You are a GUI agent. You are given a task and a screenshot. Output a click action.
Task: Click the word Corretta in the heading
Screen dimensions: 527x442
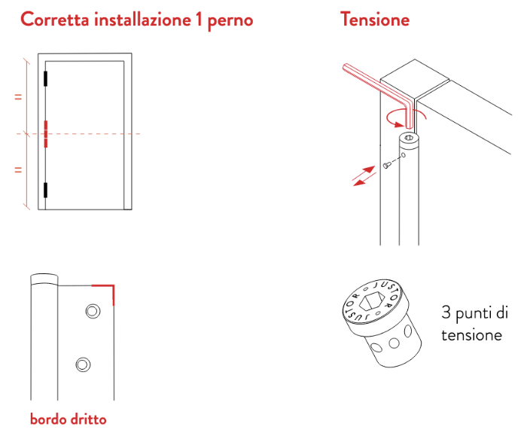point(55,19)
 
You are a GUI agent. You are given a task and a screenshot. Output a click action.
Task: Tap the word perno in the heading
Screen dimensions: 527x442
point(230,21)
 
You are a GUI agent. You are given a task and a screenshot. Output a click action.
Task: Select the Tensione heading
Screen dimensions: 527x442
point(375,19)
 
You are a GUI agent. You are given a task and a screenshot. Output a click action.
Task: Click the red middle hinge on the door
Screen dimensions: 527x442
point(46,134)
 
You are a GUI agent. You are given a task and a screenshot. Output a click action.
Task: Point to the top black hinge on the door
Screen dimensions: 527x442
point(45,78)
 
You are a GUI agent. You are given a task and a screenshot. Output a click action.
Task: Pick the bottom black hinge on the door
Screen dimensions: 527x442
point(45,191)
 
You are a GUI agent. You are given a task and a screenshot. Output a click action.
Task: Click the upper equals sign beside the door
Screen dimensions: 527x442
point(18,97)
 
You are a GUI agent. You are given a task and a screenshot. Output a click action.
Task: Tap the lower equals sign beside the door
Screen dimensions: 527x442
point(18,169)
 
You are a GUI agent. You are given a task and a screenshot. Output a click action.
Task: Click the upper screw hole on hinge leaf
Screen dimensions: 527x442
point(93,311)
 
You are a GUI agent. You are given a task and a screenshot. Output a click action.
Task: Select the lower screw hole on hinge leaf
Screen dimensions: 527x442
point(83,364)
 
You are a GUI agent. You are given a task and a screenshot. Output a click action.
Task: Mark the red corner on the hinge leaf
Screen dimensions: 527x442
point(113,286)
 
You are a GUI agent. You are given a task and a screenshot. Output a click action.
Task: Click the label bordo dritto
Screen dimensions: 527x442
point(69,419)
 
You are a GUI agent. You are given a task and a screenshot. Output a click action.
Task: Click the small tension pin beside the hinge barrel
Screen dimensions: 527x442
point(386,165)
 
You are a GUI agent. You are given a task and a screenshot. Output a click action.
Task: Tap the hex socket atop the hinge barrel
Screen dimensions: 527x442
point(409,138)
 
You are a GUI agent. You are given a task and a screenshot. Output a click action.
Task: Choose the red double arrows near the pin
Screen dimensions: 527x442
point(364,175)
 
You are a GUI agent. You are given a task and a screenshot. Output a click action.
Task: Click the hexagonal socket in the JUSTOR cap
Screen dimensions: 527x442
point(371,300)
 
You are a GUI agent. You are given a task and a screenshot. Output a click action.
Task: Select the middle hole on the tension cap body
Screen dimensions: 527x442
point(394,343)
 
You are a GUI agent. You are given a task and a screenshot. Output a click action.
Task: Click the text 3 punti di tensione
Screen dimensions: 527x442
point(474,323)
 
